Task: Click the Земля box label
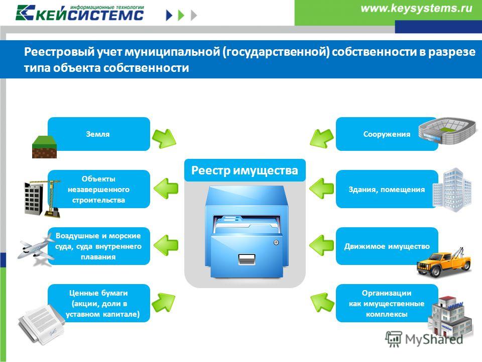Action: pyautogui.click(x=98, y=134)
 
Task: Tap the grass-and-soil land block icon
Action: pyautogui.click(x=44, y=147)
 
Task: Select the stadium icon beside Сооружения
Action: pyautogui.click(x=447, y=131)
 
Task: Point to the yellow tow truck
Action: pyautogui.click(x=444, y=262)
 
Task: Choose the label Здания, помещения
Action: pyautogui.click(x=387, y=190)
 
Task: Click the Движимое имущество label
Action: pyautogui.click(x=387, y=246)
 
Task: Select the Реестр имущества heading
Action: pyautogui.click(x=245, y=170)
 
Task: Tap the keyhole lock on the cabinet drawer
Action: pyautogui.click(x=276, y=242)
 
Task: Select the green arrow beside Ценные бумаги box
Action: pyautogui.click(x=163, y=302)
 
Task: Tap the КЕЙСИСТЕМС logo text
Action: pyautogui.click(x=90, y=15)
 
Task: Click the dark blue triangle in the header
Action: pyautogui.click(x=169, y=15)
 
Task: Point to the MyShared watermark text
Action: pyautogui.click(x=434, y=339)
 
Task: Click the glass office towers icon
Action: pyautogui.click(x=452, y=190)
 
